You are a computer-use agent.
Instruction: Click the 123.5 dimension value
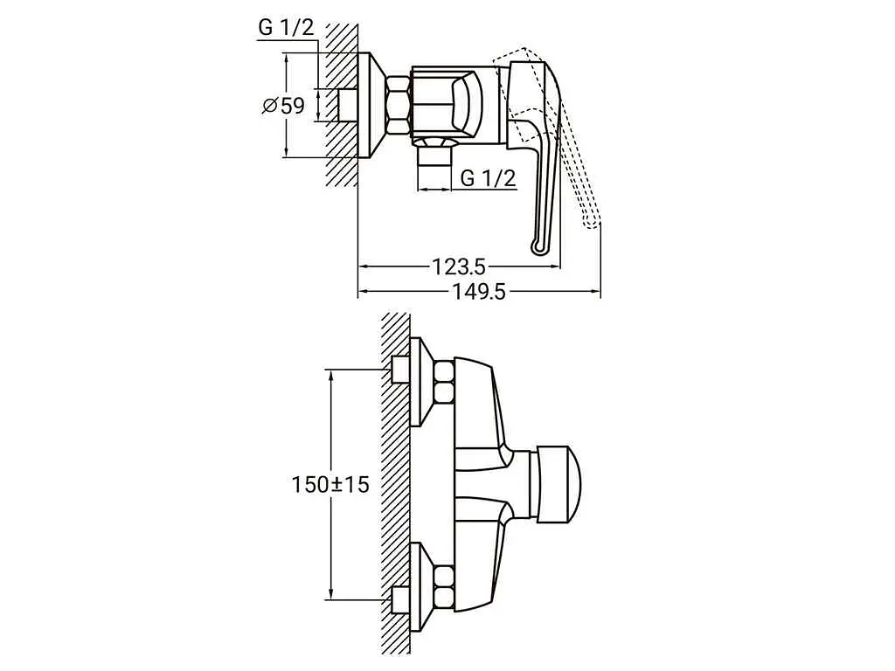coord(458,266)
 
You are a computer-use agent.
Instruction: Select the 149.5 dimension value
coord(479,292)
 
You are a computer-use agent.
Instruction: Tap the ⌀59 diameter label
coord(284,106)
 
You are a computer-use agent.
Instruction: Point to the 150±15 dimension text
coord(330,485)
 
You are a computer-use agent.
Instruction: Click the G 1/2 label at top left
coord(287,27)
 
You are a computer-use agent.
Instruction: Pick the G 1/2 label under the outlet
coord(488,178)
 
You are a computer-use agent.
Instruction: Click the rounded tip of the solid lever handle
coord(538,246)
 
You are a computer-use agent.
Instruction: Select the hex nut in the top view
coord(399,106)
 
